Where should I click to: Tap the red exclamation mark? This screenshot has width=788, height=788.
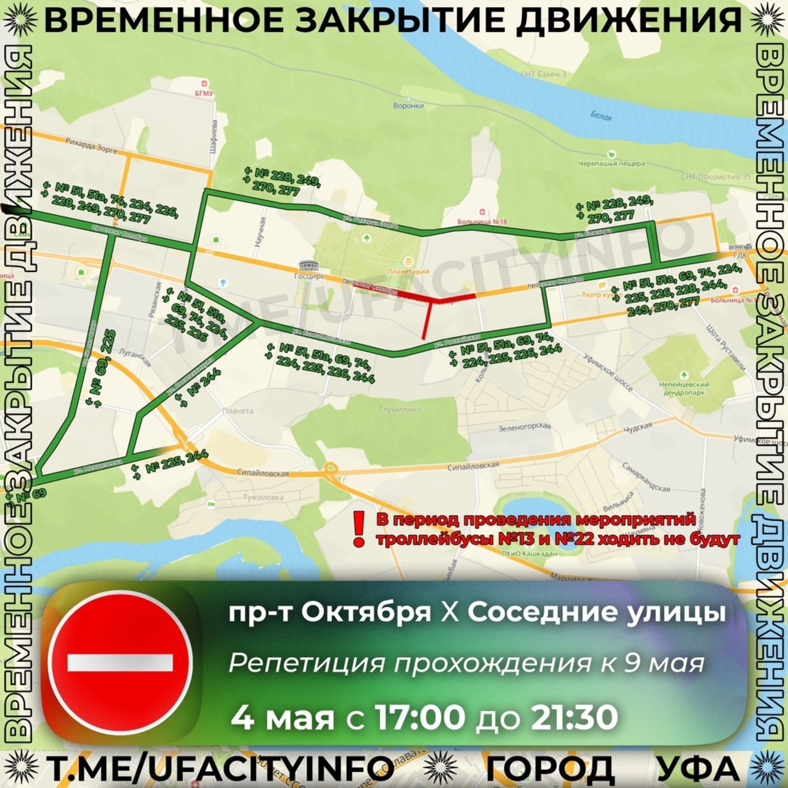click(359, 528)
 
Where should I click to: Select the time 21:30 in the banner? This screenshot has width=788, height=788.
click(574, 717)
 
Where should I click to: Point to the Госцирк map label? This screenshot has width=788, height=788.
click(309, 276)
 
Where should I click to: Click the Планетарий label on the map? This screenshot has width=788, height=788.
click(408, 271)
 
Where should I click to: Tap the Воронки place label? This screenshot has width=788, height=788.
click(408, 105)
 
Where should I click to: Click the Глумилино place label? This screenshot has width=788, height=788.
click(400, 409)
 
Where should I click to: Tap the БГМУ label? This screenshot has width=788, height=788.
click(203, 93)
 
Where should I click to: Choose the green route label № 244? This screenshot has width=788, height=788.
click(196, 390)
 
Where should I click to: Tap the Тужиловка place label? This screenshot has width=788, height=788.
click(263, 497)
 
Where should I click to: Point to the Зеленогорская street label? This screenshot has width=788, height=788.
click(524, 427)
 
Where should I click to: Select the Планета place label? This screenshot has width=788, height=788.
click(237, 410)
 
